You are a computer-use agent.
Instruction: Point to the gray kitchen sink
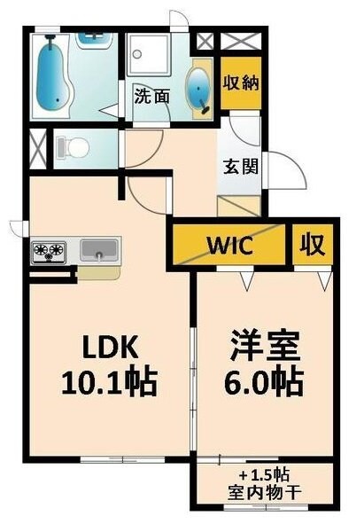(99, 250)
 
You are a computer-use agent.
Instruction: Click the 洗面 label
(151, 96)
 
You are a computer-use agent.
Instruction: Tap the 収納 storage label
(240, 85)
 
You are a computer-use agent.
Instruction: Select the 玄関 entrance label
(240, 167)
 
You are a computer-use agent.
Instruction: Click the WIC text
(230, 246)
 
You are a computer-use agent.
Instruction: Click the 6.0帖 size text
(264, 383)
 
